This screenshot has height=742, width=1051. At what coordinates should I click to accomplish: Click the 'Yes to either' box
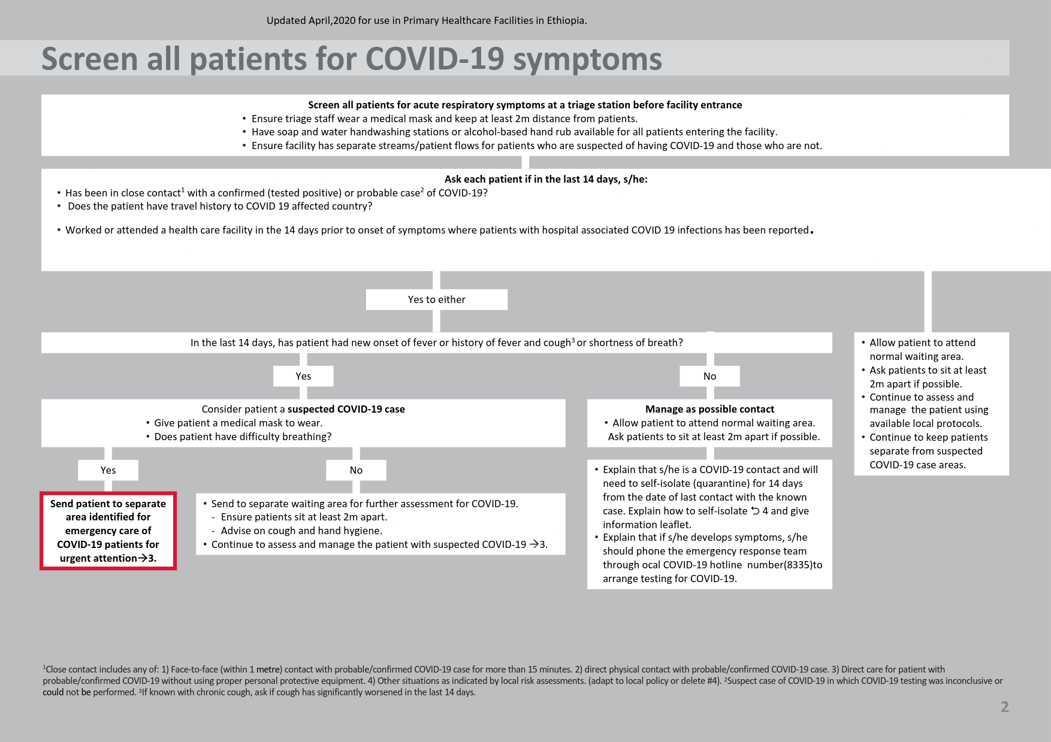click(437, 299)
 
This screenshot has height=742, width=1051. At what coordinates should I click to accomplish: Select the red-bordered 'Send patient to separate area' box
click(108, 531)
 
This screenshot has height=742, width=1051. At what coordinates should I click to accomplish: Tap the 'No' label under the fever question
click(709, 376)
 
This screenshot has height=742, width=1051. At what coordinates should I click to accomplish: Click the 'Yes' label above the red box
click(108, 470)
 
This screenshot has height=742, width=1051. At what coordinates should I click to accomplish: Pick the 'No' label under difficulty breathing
click(356, 470)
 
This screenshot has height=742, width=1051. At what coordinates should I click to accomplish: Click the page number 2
click(1005, 707)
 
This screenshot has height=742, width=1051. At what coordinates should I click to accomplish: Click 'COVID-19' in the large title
click(434, 59)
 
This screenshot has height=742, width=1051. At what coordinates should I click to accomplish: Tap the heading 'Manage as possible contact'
click(709, 409)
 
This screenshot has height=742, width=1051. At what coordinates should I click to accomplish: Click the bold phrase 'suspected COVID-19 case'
click(346, 409)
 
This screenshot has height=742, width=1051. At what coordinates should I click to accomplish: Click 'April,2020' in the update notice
click(332, 20)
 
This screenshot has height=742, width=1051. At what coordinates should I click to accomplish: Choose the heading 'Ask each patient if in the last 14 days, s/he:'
click(546, 179)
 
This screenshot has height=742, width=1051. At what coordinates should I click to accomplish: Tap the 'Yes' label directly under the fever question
click(303, 376)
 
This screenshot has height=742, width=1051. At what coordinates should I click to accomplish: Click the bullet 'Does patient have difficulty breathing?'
click(243, 437)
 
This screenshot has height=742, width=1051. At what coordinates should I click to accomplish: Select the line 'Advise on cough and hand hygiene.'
click(301, 531)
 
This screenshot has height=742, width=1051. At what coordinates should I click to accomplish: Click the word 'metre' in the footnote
click(269, 670)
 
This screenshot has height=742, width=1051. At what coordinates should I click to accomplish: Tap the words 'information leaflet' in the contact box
click(647, 525)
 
